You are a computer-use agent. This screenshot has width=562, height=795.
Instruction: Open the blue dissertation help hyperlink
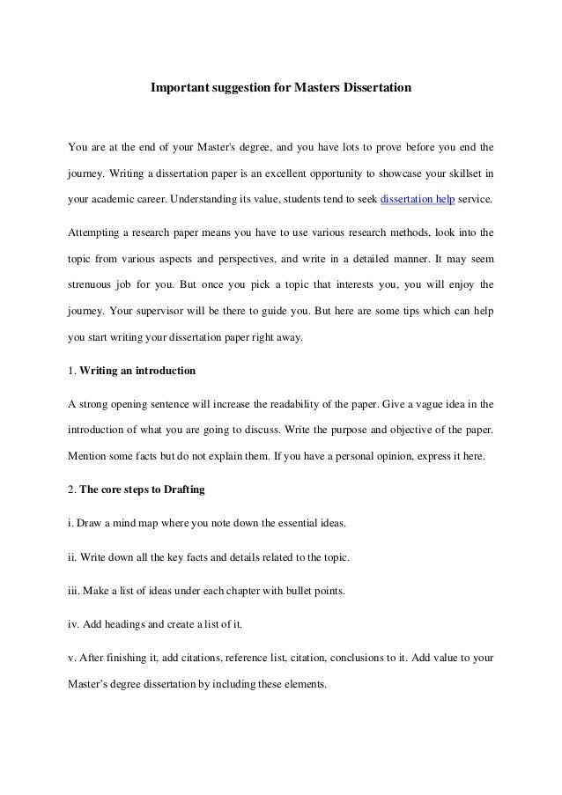418,200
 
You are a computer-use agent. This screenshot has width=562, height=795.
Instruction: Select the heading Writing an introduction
137,371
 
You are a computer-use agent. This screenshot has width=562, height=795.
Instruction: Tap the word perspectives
288,260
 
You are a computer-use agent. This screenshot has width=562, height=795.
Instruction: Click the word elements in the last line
301,684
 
